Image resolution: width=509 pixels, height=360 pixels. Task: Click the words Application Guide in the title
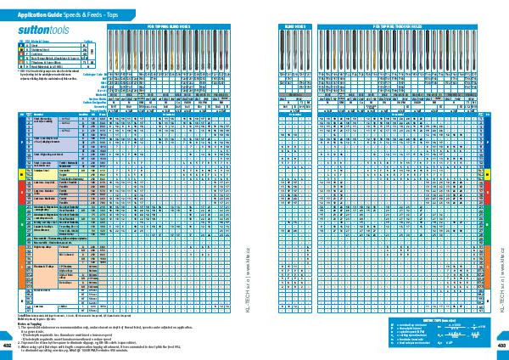point(35,14)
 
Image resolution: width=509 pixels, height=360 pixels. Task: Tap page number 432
point(8,346)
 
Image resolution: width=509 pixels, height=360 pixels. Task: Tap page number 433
point(501,346)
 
